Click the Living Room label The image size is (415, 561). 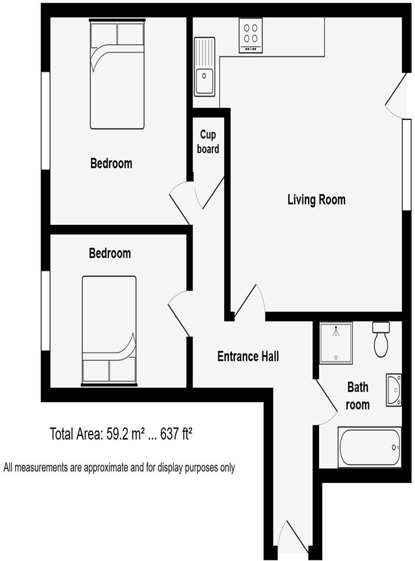316,199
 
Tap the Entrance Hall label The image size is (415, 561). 248,356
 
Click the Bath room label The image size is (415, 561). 358,396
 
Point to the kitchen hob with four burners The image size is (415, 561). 251,35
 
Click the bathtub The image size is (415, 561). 369,447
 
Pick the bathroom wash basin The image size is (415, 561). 393,390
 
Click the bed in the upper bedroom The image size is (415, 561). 117,74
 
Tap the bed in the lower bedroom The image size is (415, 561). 109,330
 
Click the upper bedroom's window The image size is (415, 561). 46,121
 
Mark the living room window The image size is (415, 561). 407,165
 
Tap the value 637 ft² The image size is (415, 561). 176,434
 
